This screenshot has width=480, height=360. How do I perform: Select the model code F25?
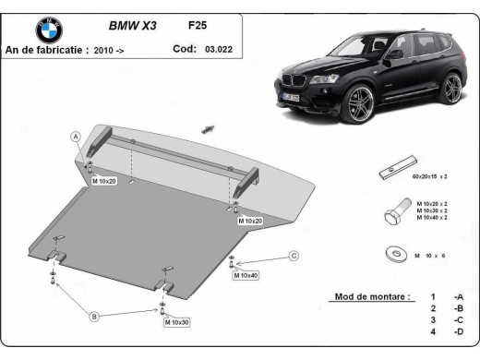(x=198, y=26)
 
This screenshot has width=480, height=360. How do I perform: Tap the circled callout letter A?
(x=77, y=137)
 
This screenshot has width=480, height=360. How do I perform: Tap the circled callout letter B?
(x=93, y=317)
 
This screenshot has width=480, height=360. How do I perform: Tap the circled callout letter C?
(x=293, y=256)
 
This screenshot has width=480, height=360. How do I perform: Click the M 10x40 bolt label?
(x=246, y=275)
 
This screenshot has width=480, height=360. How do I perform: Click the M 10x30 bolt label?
(x=176, y=322)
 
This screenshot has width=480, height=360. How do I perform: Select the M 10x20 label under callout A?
(x=103, y=181)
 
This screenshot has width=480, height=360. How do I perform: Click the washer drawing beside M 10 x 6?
(x=394, y=255)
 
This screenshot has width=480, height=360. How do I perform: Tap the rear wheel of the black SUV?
(x=450, y=89)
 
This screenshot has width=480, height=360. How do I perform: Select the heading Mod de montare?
(x=368, y=297)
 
